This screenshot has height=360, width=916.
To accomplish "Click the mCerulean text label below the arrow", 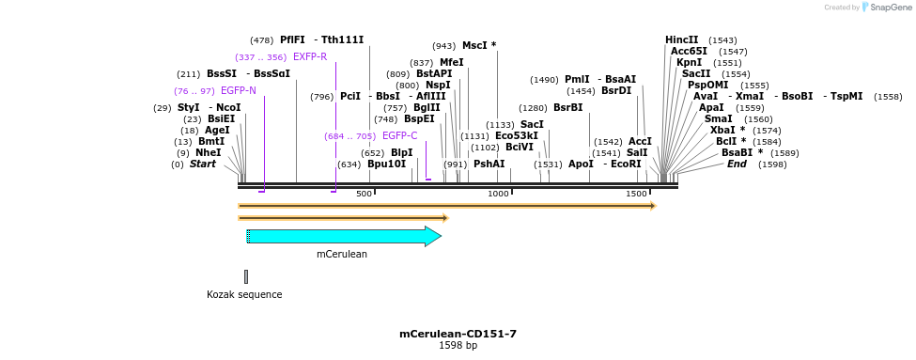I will click(x=342, y=254).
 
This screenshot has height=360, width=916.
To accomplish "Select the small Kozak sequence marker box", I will click(x=246, y=276).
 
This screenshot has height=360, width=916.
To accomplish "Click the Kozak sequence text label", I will click(x=244, y=294).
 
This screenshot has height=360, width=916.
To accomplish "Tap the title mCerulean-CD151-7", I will click(x=458, y=334).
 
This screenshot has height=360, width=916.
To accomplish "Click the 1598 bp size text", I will click(x=458, y=346).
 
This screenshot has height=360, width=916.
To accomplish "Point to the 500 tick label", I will click(x=364, y=193).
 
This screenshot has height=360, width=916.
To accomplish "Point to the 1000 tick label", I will click(x=498, y=193).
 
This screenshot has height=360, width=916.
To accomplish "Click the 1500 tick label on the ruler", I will click(x=636, y=193).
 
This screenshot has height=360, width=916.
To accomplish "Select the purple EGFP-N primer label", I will click(x=239, y=90).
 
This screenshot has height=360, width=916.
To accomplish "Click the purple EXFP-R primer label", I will click(x=310, y=56).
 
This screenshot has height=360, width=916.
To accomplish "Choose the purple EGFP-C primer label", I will click(x=399, y=135).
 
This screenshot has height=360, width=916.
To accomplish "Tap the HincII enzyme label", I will click(x=682, y=39).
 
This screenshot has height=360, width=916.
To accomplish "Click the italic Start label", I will click(x=203, y=164).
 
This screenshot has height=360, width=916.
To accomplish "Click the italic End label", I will click(x=737, y=164).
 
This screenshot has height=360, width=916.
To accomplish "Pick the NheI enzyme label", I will click(x=209, y=152).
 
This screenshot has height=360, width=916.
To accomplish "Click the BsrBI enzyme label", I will click(x=567, y=107).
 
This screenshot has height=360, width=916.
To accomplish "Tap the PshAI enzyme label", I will click(x=489, y=164).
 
